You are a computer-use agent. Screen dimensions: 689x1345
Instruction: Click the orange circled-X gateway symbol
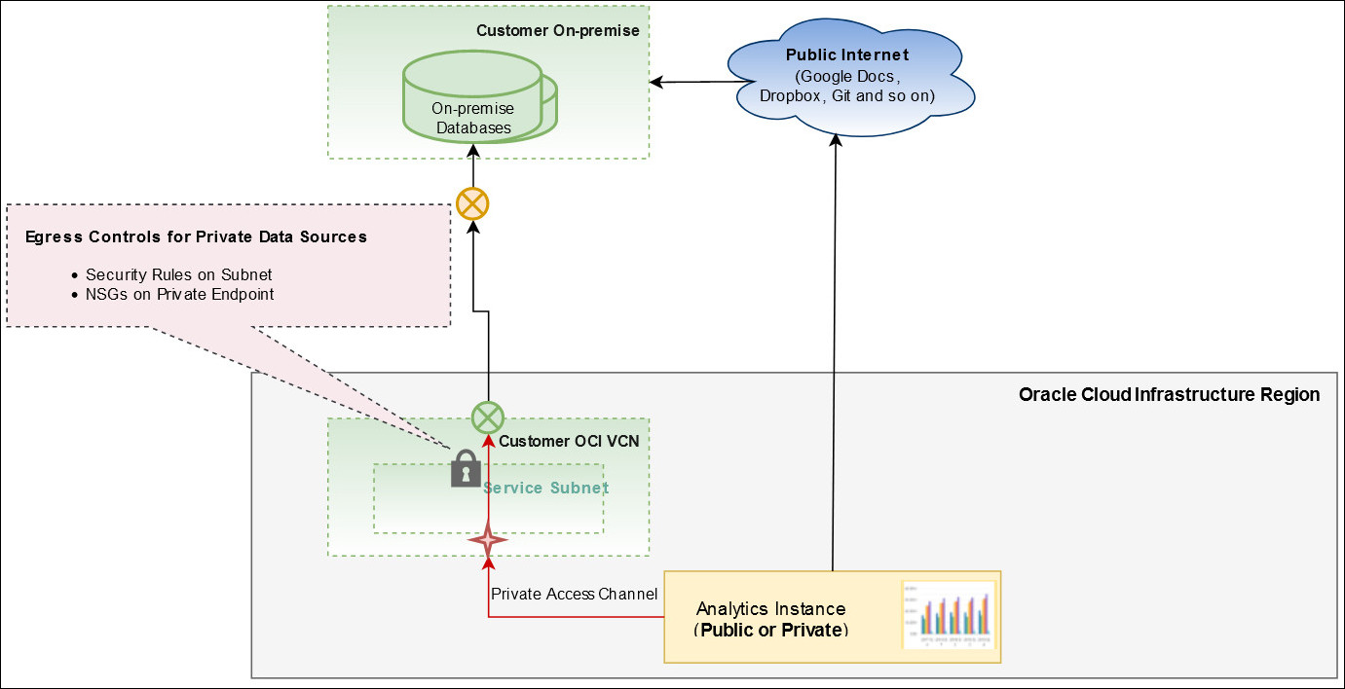tap(472, 204)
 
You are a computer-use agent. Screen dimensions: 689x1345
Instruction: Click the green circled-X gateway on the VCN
tap(487, 417)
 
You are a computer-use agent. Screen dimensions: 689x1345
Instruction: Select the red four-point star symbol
tap(488, 539)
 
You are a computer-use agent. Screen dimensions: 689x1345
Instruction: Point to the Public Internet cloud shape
tap(850, 76)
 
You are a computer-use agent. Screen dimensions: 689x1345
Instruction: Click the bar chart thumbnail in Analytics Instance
tap(949, 616)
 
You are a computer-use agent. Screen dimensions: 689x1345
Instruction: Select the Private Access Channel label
tap(574, 594)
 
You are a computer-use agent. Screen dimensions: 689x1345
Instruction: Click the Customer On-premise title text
tap(557, 31)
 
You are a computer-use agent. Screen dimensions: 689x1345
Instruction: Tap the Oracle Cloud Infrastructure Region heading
tap(1169, 394)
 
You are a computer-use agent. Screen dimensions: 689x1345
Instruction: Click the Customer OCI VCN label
tap(569, 441)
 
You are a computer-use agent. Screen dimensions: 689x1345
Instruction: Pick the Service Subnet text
tap(546, 488)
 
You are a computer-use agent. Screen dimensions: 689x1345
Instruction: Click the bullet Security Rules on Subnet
tap(178, 274)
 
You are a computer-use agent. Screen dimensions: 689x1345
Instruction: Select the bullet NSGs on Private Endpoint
tap(179, 294)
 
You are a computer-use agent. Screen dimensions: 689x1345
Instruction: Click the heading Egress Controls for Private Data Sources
tap(196, 236)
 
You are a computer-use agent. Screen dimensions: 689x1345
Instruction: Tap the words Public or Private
tap(770, 630)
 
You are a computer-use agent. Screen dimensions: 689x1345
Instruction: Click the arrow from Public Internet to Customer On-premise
tap(701, 82)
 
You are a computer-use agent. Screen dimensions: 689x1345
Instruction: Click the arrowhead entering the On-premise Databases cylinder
tap(473, 150)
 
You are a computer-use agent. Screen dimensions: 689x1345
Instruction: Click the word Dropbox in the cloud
tap(791, 96)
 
